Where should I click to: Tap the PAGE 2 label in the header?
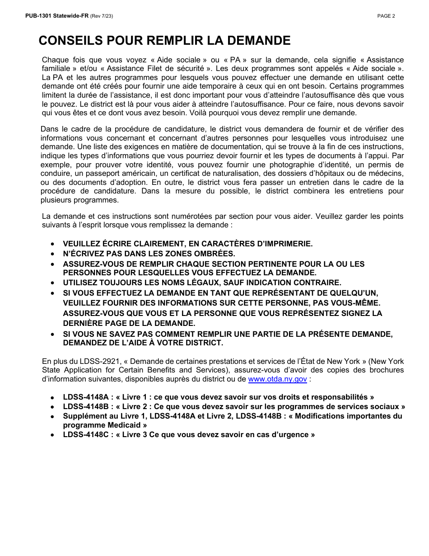pyautogui.click(x=386, y=16)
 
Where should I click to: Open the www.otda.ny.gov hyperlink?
pyautogui.click(x=278, y=379)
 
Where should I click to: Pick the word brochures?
pyautogui.click(x=385, y=370)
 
